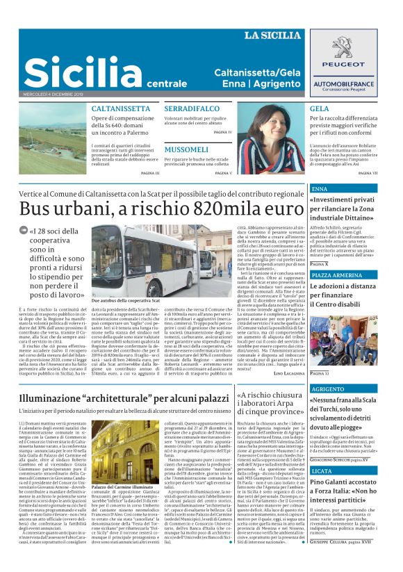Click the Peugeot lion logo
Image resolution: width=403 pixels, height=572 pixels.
[353, 50]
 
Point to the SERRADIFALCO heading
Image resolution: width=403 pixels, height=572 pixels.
[190, 109]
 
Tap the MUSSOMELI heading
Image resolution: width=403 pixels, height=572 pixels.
[186, 149]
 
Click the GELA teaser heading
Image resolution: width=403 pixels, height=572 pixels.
[319, 109]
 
